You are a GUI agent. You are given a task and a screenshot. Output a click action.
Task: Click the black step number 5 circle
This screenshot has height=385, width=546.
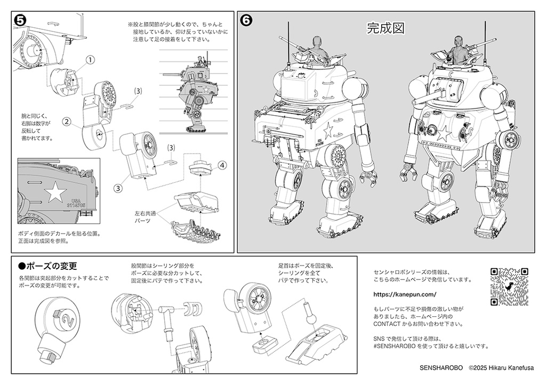20,20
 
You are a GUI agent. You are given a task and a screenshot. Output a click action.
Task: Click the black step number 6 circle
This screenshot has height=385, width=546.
246,20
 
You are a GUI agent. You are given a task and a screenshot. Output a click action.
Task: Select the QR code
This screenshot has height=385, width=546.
509,286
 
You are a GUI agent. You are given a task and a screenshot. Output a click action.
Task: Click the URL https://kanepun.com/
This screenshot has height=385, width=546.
405,294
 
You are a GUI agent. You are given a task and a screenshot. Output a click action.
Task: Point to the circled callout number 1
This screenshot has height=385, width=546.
91,60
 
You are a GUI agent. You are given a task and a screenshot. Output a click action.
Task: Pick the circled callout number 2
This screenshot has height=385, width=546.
67,121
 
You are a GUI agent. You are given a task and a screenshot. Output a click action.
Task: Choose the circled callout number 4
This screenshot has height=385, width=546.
222,165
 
